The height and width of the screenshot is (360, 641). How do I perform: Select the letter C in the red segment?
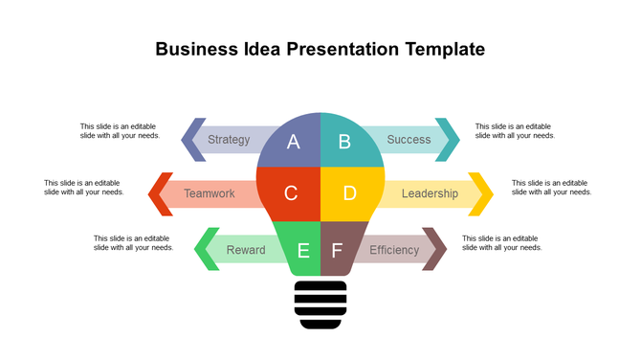pyautogui.click(x=291, y=193)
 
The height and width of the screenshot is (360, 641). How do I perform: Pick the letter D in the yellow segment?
pyautogui.click(x=349, y=193)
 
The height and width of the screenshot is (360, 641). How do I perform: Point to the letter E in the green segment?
pyautogui.click(x=304, y=251)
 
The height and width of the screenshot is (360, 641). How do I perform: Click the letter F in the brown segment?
pyautogui.click(x=336, y=251)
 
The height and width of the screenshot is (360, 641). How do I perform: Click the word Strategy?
pyautogui.click(x=229, y=140)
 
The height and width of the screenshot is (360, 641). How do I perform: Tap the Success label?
pyautogui.click(x=409, y=140)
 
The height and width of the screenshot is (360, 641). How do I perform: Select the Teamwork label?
pyautogui.click(x=210, y=193)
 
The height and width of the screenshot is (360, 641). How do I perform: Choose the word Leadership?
pyautogui.click(x=430, y=193)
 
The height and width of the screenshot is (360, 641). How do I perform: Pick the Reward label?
pyautogui.click(x=246, y=251)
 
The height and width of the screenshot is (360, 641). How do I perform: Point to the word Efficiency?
pyautogui.click(x=394, y=251)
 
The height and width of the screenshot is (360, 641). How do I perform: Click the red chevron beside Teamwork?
pyautogui.click(x=160, y=193)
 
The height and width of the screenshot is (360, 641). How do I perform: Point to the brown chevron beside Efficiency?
pyautogui.click(x=435, y=249)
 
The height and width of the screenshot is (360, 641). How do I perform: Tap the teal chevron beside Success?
pyautogui.click(x=448, y=140)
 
